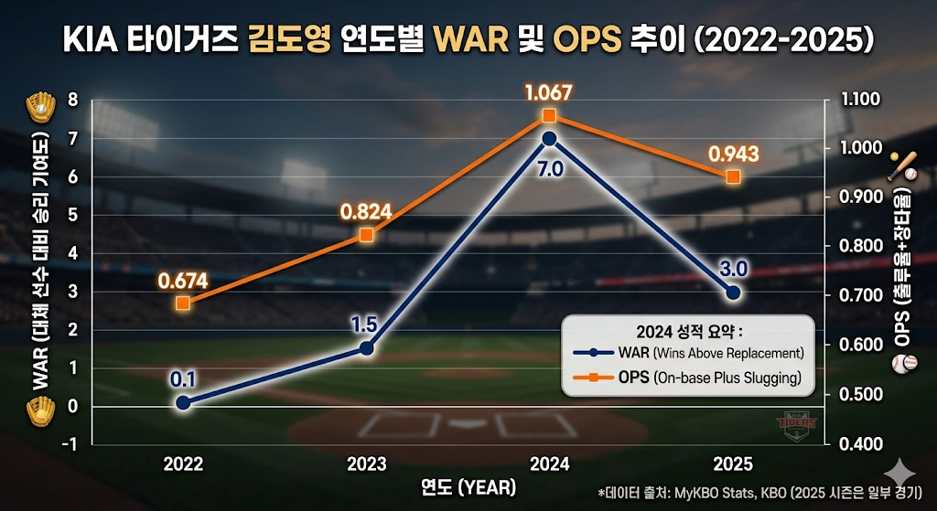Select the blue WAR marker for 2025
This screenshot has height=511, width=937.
point(732,293)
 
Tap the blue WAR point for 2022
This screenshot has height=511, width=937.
point(183,402)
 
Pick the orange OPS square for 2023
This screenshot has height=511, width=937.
point(366,235)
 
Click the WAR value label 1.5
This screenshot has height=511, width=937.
point(365,325)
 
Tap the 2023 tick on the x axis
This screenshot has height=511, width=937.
point(366,463)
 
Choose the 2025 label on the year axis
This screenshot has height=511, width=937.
point(732,463)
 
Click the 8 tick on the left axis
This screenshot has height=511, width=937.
point(73,100)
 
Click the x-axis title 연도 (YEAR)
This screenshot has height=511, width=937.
point(468,485)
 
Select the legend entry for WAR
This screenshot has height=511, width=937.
point(686,353)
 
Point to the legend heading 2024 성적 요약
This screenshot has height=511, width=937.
point(687,330)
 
